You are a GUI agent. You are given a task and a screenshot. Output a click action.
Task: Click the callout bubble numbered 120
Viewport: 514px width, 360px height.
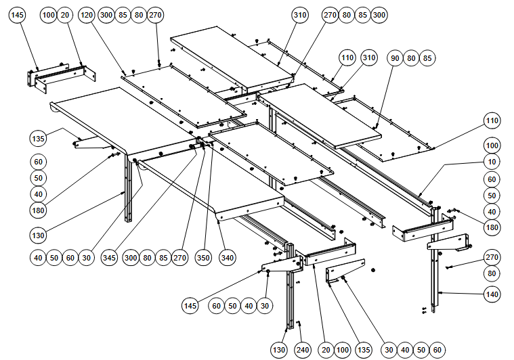click(x=87, y=15)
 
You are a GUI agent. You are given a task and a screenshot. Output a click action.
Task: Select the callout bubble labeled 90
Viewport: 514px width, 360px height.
click(x=395, y=58)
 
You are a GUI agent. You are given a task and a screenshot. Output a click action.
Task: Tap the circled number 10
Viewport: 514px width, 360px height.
click(x=492, y=162)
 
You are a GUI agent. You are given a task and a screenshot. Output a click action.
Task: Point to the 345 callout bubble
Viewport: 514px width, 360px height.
click(x=110, y=257)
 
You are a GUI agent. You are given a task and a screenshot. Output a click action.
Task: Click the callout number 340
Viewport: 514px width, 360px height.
click(x=228, y=257)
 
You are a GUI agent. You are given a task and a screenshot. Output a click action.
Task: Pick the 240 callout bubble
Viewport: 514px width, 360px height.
click(x=303, y=350)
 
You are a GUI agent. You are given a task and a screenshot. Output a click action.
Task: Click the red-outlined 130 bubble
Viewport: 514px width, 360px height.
click(x=39, y=235)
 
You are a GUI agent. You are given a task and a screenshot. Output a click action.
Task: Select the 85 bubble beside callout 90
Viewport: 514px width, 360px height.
click(x=427, y=58)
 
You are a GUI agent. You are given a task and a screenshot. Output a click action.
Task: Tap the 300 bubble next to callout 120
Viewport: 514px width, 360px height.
click(x=106, y=15)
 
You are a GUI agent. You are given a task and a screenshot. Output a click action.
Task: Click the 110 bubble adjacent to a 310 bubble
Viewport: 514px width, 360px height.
click(x=347, y=58)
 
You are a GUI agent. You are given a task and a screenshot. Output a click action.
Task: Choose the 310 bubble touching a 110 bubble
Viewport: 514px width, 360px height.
click(x=368, y=58)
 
